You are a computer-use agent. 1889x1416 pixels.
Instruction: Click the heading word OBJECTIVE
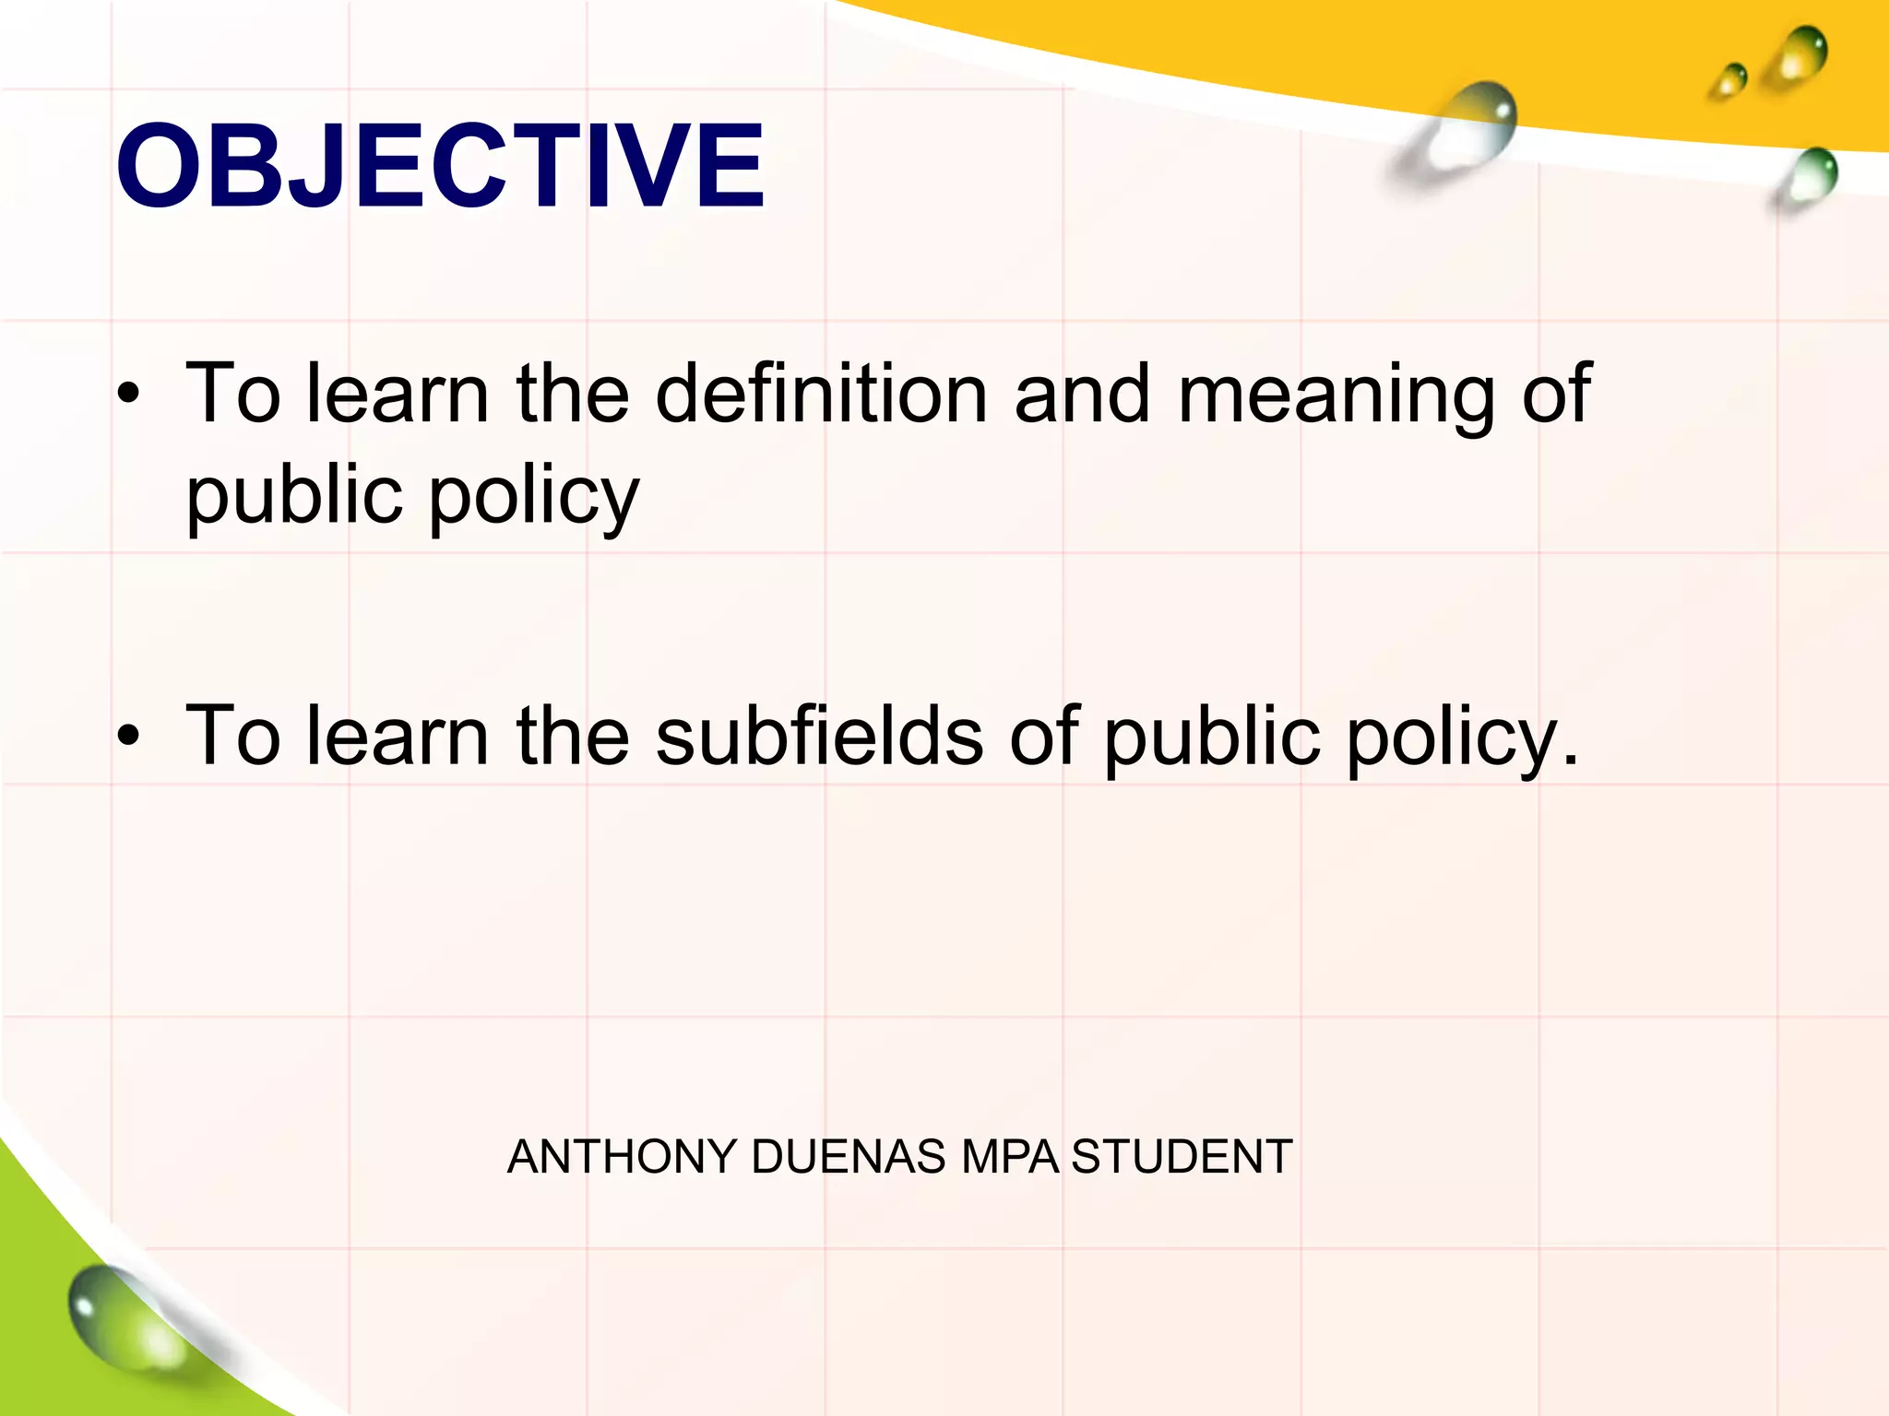[x=440, y=167]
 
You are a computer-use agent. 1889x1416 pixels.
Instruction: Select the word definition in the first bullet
[x=821, y=394]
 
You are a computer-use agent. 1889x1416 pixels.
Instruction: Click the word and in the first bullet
[x=1082, y=394]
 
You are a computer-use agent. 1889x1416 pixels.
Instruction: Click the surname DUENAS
[x=849, y=1157]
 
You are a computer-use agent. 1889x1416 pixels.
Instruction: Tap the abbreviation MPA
[x=1010, y=1157]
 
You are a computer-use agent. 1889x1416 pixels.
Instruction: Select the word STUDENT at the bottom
[x=1182, y=1157]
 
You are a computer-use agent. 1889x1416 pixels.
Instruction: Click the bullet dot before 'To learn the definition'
[x=128, y=395]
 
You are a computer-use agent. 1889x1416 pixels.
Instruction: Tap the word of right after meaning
[x=1556, y=394]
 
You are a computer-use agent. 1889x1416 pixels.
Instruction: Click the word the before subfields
[x=573, y=736]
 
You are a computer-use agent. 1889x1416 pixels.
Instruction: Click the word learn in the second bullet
[x=397, y=736]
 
